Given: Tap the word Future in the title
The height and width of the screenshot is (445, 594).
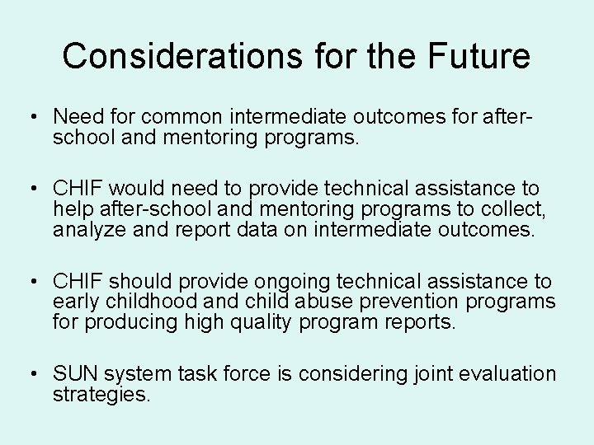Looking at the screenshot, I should [478, 56].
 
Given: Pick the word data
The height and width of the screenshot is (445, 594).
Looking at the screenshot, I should [284, 230].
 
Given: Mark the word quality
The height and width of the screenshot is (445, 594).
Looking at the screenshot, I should [255, 321].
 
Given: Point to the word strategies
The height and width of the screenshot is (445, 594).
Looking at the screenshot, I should [101, 394].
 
